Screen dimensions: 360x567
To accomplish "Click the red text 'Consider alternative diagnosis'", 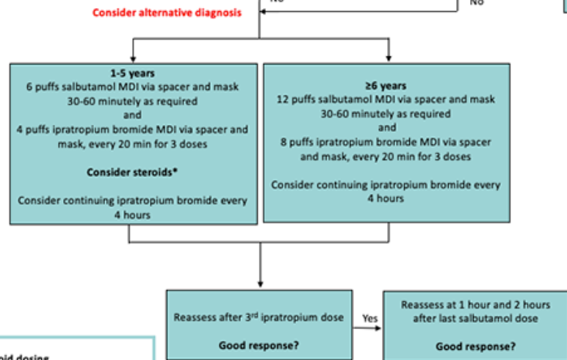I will (166, 13).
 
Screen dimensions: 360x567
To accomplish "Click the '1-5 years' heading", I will (132, 73).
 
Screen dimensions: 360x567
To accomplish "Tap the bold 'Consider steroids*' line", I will (132, 172).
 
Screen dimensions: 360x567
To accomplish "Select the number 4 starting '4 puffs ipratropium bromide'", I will (20, 129).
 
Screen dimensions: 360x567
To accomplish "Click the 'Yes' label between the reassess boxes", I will (369, 319).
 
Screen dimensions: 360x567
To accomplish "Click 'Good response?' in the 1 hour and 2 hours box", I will (475, 346).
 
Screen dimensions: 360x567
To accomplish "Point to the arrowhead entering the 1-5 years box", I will (132, 58).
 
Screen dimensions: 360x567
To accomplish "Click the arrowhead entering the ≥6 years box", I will (388, 58).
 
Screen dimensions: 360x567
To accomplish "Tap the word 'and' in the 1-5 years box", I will (132, 115).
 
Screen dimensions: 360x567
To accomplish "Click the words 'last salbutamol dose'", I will (491, 317).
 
